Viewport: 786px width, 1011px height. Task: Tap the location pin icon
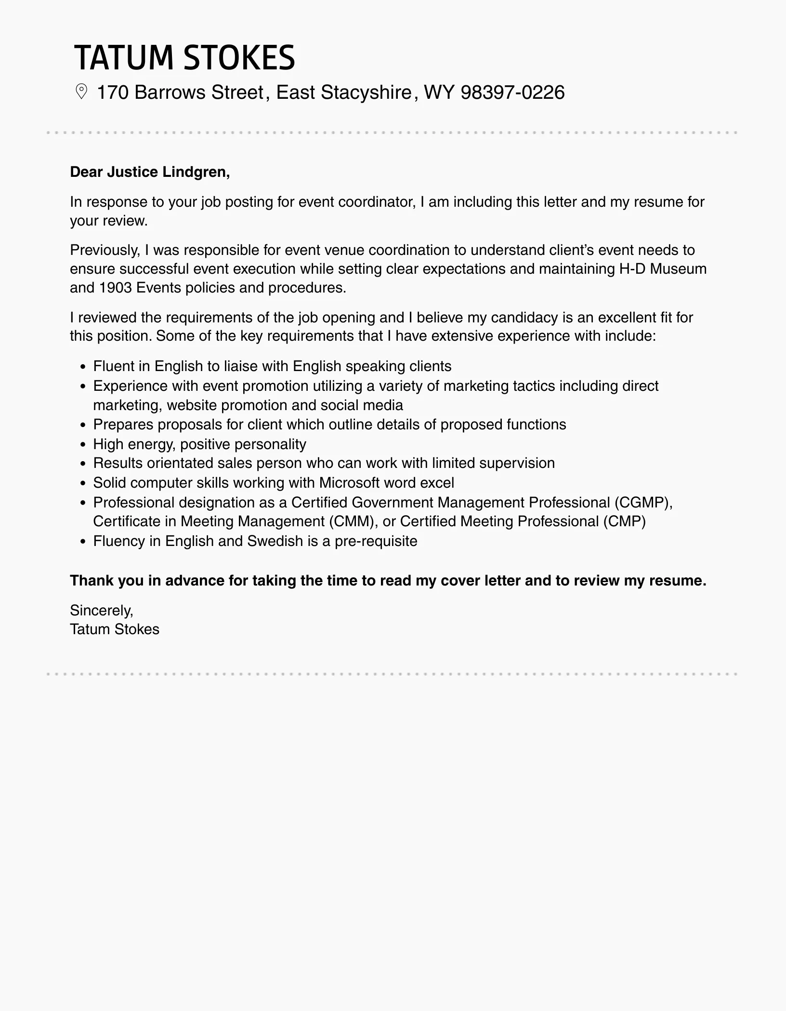[81, 92]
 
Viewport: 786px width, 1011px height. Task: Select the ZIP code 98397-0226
[512, 93]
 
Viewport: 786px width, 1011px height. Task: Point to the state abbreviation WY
[439, 93]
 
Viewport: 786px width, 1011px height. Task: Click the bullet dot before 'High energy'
[83, 445]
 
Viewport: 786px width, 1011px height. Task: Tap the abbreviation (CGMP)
[643, 503]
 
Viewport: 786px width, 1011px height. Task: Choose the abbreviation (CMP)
[624, 521]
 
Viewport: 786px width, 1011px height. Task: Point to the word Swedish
[275, 541]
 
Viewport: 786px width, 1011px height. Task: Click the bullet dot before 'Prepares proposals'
[83, 426]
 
